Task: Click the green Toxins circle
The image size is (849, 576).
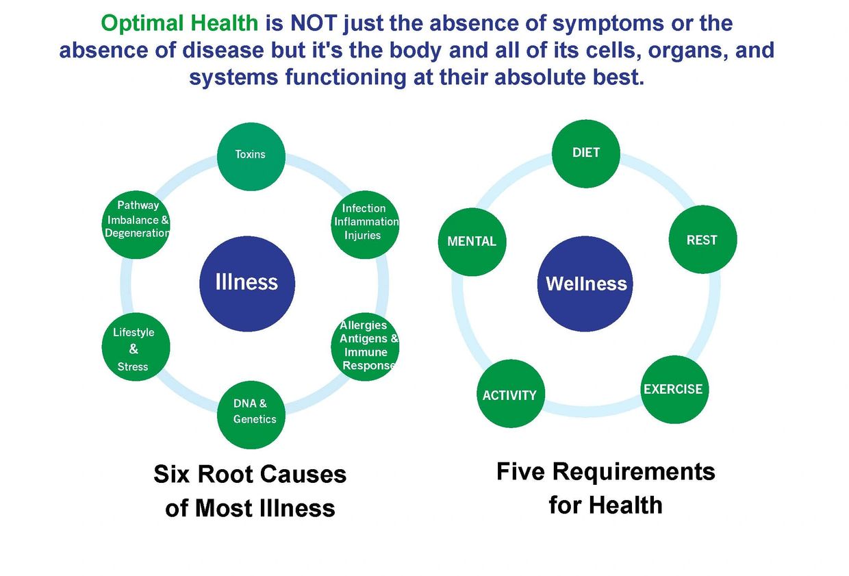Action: (x=251, y=157)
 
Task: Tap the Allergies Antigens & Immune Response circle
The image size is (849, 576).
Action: (x=365, y=347)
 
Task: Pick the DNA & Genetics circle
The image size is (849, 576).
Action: (x=251, y=414)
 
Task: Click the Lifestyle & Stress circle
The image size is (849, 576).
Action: (x=136, y=348)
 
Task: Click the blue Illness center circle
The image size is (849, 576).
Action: (x=246, y=283)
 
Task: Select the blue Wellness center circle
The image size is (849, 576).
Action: (x=585, y=284)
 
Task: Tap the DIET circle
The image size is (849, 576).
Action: (x=585, y=153)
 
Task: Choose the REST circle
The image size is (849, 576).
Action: (x=702, y=240)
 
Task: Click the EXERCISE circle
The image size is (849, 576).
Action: (x=674, y=389)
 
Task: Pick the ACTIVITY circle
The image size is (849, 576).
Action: (x=510, y=394)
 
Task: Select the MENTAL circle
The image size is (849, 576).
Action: (x=472, y=242)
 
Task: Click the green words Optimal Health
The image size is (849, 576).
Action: (x=180, y=23)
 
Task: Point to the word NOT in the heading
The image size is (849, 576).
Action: (x=314, y=23)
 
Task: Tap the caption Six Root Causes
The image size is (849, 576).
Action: (x=250, y=475)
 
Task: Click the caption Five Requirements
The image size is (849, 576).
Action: (x=605, y=472)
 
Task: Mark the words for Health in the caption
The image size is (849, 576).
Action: (x=605, y=505)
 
